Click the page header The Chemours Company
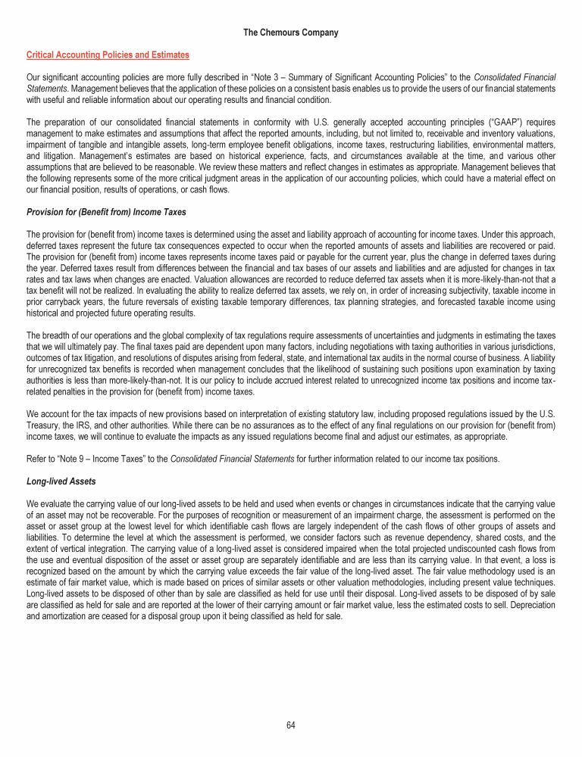pyautogui.click(x=291, y=33)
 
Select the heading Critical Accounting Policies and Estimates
pyautogui.click(x=108, y=55)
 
